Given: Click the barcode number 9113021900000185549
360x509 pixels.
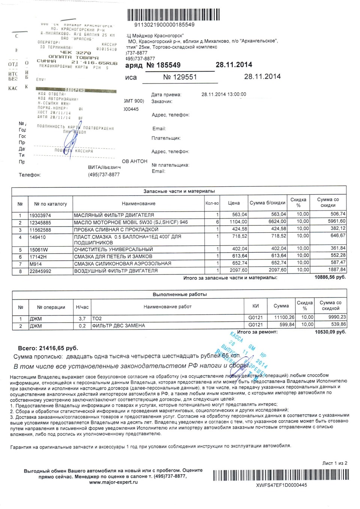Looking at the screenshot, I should [164, 25].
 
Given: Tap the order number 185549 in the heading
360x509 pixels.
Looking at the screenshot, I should [163, 65].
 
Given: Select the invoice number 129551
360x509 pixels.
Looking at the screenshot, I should [180, 77].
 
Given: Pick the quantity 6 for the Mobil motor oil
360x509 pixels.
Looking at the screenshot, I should [217, 222].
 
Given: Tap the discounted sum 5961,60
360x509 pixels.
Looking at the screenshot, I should [336, 222].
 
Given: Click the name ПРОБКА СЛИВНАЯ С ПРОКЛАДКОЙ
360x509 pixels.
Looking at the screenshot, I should [116, 229].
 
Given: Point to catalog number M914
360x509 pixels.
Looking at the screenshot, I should [36, 263].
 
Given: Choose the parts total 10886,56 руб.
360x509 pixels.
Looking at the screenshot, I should [330, 278].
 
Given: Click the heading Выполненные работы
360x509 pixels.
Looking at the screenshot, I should [180, 294].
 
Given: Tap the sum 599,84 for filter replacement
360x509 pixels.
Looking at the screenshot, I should [286, 325].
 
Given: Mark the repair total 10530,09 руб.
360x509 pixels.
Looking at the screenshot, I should [330, 332].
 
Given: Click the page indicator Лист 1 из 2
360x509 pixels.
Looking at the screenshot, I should [334, 463].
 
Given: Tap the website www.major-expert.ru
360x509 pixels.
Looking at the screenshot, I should [113, 482].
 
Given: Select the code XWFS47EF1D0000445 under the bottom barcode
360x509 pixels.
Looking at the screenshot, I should [282, 485].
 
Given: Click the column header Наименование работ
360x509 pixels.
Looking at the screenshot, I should [167, 307].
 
